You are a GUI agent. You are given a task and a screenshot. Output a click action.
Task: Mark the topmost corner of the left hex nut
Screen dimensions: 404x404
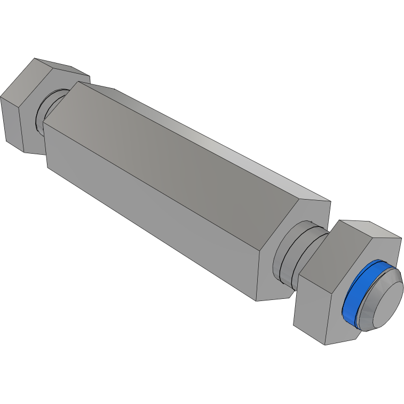(x=35, y=58)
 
